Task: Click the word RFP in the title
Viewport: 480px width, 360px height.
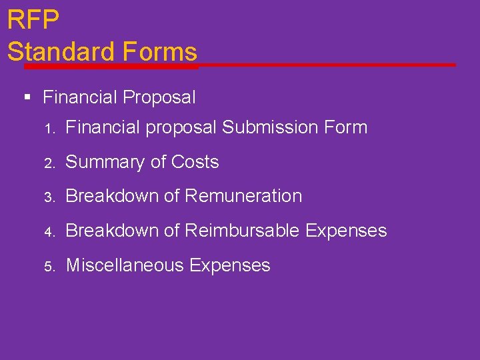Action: [33, 20]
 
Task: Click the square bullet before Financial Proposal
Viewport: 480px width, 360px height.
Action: [27, 98]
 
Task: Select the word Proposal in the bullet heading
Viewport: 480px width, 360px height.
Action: [159, 98]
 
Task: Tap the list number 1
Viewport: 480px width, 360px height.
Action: [48, 128]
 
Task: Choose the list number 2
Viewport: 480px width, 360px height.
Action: [48, 163]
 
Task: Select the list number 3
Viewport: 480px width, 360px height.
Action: [48, 197]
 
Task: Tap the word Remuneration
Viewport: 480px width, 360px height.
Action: [243, 196]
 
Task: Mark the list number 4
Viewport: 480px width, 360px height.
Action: [48, 232]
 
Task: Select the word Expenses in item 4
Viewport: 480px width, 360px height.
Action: [346, 231]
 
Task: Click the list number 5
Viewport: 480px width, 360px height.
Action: [48, 267]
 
